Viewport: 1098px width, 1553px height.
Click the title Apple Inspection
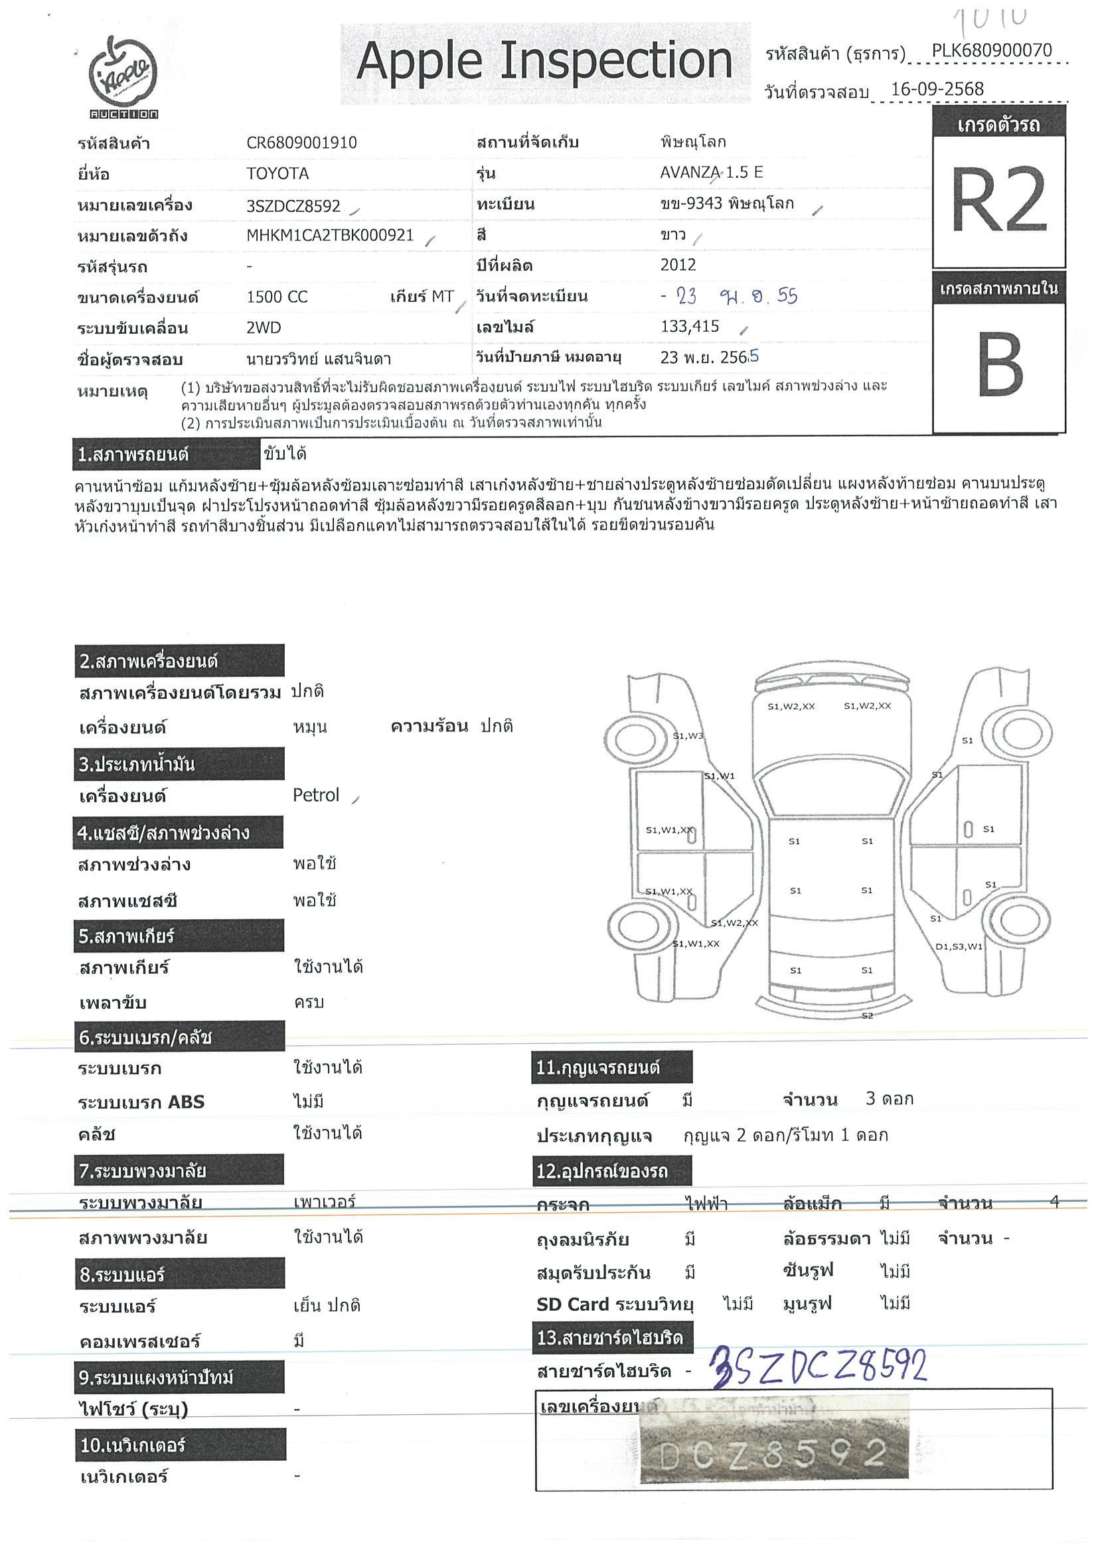pyautogui.click(x=544, y=62)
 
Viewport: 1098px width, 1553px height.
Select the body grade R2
pyautogui.click(x=998, y=201)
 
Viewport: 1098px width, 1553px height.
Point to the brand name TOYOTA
pyautogui.click(x=277, y=174)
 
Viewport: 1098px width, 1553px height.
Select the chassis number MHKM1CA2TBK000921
pyautogui.click(x=330, y=236)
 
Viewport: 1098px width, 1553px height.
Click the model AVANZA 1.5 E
pyautogui.click(x=711, y=173)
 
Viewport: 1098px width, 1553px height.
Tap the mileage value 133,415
pyautogui.click(x=689, y=327)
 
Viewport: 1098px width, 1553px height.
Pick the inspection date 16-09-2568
pyautogui.click(x=937, y=90)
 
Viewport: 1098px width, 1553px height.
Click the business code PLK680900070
pyautogui.click(x=991, y=50)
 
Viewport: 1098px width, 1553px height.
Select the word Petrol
pyautogui.click(x=315, y=796)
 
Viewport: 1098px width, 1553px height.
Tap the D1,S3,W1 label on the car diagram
pyautogui.click(x=959, y=946)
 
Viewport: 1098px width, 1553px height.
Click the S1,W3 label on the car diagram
pyautogui.click(x=687, y=736)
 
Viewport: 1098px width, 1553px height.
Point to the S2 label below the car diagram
pyautogui.click(x=866, y=1016)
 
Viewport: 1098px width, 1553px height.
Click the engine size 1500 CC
pyautogui.click(x=277, y=297)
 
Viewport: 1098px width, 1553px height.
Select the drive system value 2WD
pyautogui.click(x=263, y=328)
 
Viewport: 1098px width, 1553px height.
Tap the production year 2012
pyautogui.click(x=678, y=265)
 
